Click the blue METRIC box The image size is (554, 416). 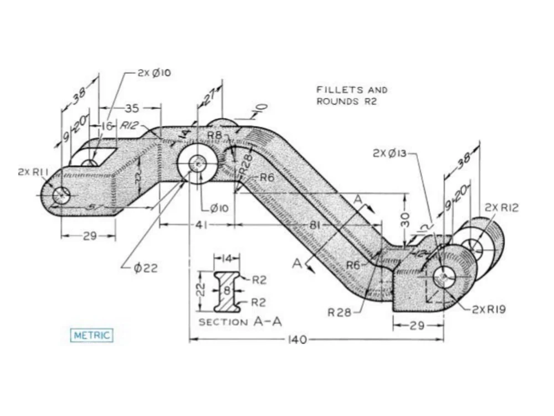[92, 335]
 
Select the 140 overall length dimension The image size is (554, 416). [297, 339]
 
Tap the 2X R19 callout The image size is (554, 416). [489, 310]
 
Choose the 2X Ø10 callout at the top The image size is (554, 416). [155, 73]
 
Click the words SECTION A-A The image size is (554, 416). [240, 322]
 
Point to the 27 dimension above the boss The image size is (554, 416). [209, 98]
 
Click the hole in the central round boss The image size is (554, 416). [197, 164]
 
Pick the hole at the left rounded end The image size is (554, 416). [61, 195]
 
